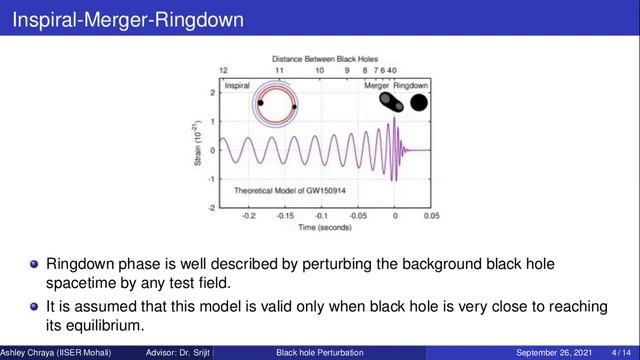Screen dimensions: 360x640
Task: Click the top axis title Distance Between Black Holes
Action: coord(324,60)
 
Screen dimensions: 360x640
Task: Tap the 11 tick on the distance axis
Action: coord(279,73)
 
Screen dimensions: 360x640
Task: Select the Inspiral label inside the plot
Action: coord(237,87)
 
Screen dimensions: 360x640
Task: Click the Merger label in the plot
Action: coord(376,87)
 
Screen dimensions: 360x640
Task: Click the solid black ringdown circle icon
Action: coord(419,102)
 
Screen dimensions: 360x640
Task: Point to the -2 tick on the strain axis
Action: coord(213,208)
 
